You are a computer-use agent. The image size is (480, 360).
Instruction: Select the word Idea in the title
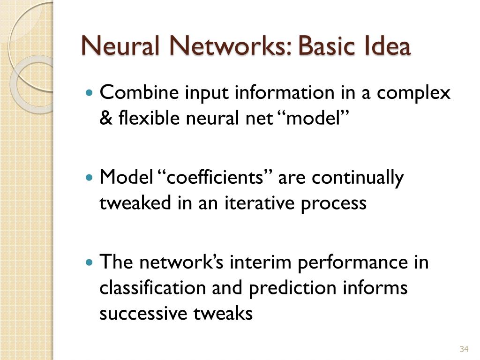[x=386, y=46]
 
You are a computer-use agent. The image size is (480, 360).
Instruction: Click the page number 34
[x=464, y=349]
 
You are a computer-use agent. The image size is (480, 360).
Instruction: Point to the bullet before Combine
[x=90, y=93]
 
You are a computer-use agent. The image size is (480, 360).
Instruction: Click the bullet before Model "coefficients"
[x=90, y=178]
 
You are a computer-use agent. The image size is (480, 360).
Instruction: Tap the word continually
[x=358, y=178]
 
